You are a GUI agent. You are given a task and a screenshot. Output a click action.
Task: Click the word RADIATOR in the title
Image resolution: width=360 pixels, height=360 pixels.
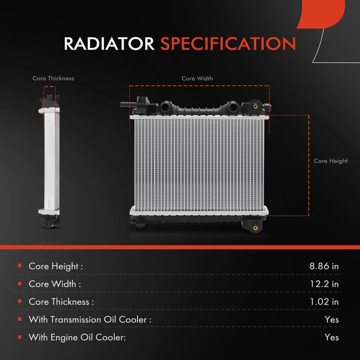(x=110, y=44)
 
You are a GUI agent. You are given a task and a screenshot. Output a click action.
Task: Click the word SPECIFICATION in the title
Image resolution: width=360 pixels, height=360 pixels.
(x=228, y=44)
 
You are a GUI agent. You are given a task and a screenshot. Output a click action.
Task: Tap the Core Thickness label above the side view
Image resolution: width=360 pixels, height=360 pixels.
(x=53, y=79)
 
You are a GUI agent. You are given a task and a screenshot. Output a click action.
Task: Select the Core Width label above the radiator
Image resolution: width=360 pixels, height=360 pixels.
(x=197, y=79)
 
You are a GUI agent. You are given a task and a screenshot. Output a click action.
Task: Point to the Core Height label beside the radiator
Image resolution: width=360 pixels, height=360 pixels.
(x=331, y=161)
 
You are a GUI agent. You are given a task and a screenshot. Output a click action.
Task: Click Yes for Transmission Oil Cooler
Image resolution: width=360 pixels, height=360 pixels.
(x=331, y=320)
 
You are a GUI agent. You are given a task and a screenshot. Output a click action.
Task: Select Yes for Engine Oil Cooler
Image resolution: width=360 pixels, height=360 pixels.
(x=331, y=338)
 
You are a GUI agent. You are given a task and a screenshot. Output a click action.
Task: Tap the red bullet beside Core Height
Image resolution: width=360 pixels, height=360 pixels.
(x=20, y=266)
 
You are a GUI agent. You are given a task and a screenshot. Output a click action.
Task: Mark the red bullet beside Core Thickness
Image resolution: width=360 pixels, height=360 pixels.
(x=20, y=302)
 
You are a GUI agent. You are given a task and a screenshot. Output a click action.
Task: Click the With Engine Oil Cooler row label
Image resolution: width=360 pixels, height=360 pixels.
(x=77, y=338)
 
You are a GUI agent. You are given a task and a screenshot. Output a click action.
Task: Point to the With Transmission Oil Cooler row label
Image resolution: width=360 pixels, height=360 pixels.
(x=90, y=320)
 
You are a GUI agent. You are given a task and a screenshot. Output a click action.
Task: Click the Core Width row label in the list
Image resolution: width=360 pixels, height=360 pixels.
(x=55, y=284)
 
